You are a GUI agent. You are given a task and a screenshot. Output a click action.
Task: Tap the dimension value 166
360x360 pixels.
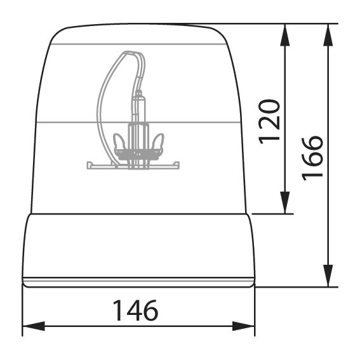pyautogui.click(x=313, y=156)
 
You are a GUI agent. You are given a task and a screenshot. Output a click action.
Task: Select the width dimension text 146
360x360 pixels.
pyautogui.click(x=135, y=310)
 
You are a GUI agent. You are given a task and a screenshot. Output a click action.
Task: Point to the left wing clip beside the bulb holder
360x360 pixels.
pyautogui.click(x=117, y=142)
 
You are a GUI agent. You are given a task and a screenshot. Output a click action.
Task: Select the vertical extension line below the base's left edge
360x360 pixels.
pyautogui.click(x=23, y=311)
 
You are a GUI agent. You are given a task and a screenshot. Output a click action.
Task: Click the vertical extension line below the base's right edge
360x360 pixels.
pyautogui.click(x=254, y=311)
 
